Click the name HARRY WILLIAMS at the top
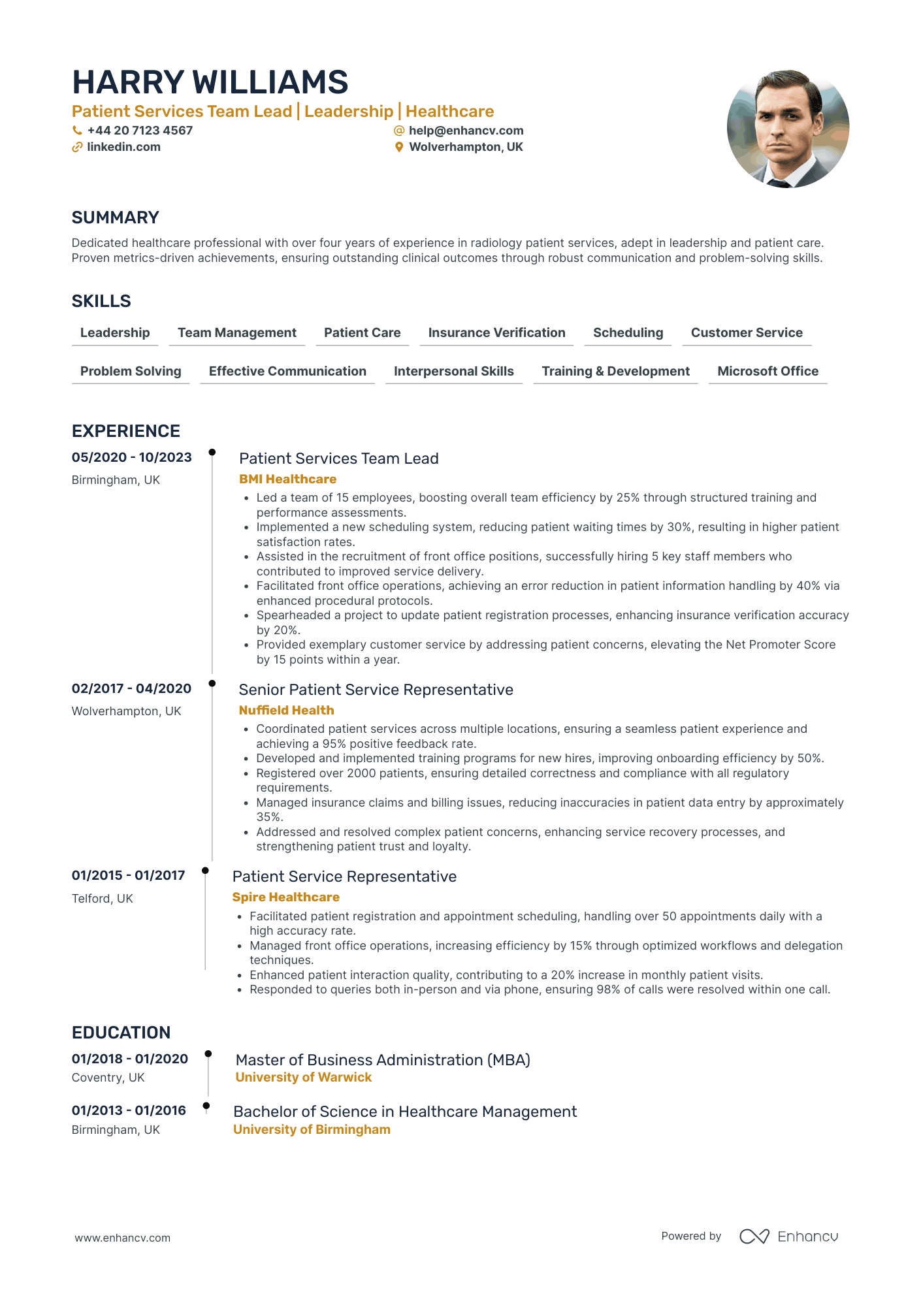[x=210, y=82]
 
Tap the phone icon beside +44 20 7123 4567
[x=77, y=131]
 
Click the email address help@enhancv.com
[x=466, y=131]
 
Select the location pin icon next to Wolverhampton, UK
[x=399, y=148]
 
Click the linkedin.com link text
[x=123, y=147]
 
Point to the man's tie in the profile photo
[x=779, y=184]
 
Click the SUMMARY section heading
[x=115, y=217]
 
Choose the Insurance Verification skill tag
[x=496, y=332]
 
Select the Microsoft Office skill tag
[x=767, y=371]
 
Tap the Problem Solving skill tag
[x=131, y=371]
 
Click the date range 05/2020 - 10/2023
[x=131, y=457]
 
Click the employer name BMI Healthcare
[x=287, y=479]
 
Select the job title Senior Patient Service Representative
[x=376, y=690]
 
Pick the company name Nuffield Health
[x=286, y=710]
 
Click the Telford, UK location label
[x=103, y=898]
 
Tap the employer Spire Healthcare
[x=285, y=897]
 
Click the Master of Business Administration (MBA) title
[x=383, y=1059]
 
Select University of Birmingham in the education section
[x=312, y=1129]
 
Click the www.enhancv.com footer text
[x=122, y=1238]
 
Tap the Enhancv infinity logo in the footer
[x=754, y=1236]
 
